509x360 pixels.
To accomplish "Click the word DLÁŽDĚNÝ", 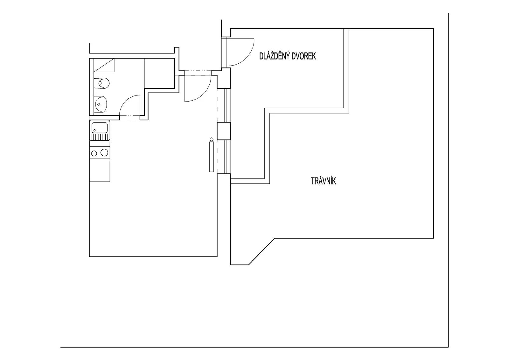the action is pos(274,56).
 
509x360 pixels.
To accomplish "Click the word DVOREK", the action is pos(303,56).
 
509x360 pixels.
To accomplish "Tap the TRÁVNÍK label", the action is pos(323,181).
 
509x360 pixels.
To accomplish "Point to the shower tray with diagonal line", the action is pos(104,65).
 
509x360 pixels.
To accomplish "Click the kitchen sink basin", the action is pos(100,127).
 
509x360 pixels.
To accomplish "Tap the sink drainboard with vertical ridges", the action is pos(100,137).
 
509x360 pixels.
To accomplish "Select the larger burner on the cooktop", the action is pos(104,152).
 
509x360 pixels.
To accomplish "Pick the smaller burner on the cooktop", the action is pos(94,154).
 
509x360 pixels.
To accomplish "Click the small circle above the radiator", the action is pos(212,139).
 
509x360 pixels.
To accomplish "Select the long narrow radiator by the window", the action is pos(212,157).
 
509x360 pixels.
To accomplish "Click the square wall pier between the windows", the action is pos(224,131).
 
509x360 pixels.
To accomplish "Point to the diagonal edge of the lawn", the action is pos(262,251).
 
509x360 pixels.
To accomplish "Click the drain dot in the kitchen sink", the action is pos(94,130).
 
